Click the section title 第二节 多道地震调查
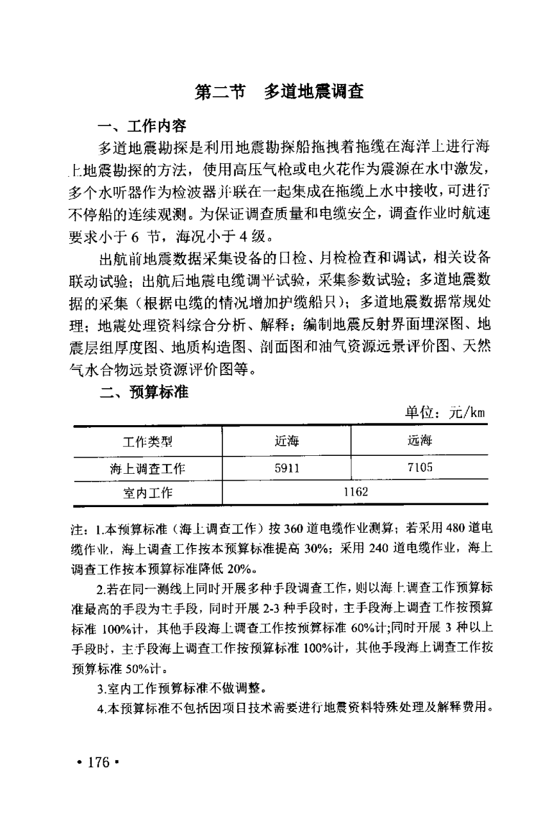(x=279, y=93)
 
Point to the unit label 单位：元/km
(x=444, y=414)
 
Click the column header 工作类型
(x=147, y=442)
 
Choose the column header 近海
(x=286, y=442)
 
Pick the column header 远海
(x=420, y=441)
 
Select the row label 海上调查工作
(x=147, y=469)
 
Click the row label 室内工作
(x=147, y=493)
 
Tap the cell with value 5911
(x=286, y=468)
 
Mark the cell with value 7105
(x=420, y=468)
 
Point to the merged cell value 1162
(x=355, y=492)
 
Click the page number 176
(x=99, y=763)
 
